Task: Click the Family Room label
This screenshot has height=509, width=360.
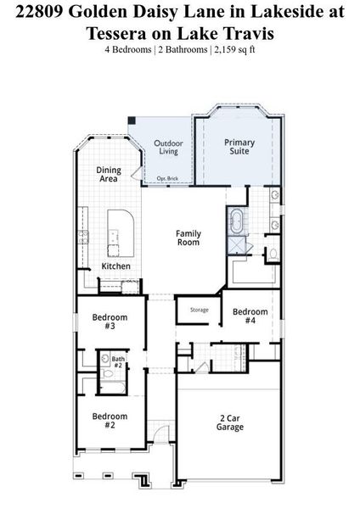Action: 188,238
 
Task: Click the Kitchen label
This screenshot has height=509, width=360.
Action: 116,266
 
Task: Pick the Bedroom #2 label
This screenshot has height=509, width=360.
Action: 110,421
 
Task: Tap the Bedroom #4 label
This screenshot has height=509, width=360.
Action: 250,316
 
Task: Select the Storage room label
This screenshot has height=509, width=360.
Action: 199,310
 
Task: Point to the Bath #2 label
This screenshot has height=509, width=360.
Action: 118,362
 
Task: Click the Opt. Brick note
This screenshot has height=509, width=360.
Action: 166,178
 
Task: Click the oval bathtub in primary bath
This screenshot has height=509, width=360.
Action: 235,223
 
